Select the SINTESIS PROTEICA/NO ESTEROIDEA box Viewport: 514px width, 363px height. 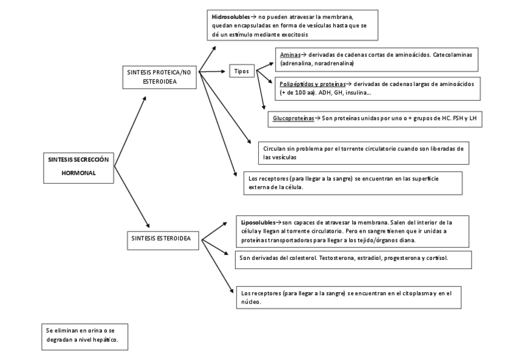coord(159,76)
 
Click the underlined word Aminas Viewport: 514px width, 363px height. coord(290,55)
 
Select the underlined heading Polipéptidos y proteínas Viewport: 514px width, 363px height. coord(313,83)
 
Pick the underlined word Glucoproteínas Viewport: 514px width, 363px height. coord(293,118)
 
